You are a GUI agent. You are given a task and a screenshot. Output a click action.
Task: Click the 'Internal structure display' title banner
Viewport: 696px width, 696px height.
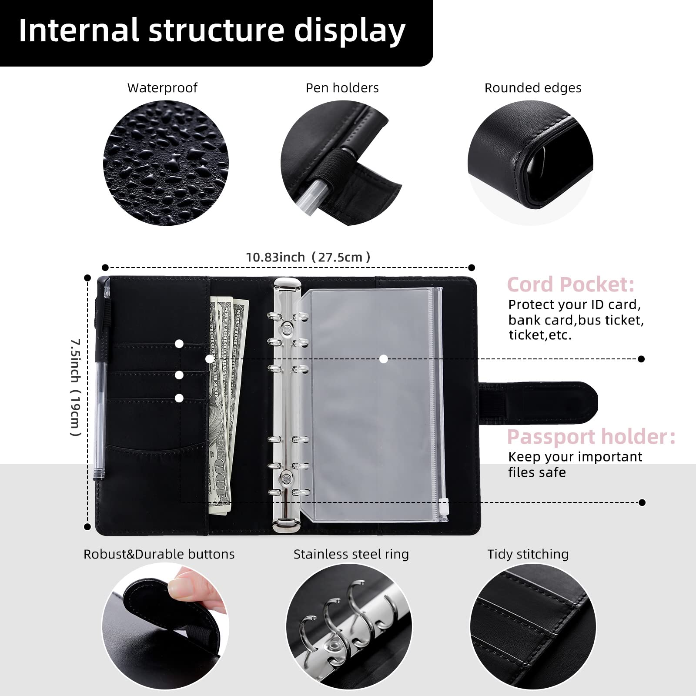212,31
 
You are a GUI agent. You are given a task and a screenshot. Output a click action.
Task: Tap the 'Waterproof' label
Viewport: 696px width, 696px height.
162,88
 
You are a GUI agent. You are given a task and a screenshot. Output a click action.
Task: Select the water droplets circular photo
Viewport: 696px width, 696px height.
166,163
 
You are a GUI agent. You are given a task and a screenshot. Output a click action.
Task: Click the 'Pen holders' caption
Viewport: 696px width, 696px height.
342,88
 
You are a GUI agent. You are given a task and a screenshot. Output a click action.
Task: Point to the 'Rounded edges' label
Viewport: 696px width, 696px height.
532,88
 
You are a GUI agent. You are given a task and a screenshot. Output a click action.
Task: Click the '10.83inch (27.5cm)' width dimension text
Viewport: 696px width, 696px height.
308,257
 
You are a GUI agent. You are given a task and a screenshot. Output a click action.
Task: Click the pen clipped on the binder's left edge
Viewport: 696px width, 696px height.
101,383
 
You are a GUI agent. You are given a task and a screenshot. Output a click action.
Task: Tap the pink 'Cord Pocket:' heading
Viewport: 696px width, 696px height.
570,284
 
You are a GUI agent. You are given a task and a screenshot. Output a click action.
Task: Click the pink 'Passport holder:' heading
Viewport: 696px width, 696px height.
591,437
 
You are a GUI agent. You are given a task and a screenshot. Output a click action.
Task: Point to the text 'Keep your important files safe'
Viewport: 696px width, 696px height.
574,465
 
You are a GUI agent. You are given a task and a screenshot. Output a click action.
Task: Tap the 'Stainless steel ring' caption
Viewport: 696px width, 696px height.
351,554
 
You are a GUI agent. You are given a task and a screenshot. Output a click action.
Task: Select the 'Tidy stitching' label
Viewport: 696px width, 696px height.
528,554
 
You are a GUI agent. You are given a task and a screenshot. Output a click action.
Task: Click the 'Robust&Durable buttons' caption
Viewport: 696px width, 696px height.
159,554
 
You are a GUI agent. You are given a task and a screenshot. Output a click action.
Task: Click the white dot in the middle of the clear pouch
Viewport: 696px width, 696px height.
383,359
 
